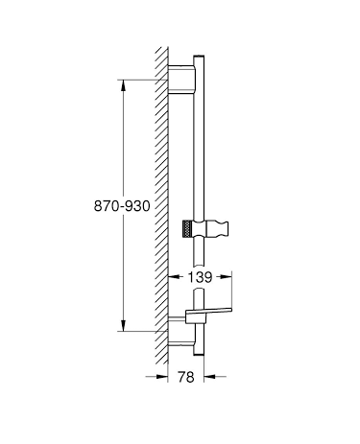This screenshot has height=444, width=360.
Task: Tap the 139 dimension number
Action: coord(201,276)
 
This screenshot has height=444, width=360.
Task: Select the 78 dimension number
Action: coord(186,378)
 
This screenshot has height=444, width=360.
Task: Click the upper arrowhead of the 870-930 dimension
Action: coord(122,84)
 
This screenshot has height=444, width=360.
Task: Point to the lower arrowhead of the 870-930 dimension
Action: coord(122,324)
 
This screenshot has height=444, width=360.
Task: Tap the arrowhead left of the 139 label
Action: coord(174,276)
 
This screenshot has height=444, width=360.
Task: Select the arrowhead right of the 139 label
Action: coord(228,276)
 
